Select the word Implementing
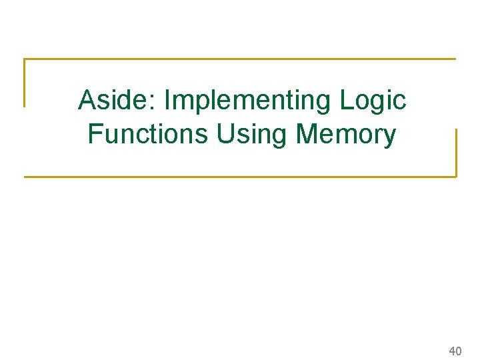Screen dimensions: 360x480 [248, 101]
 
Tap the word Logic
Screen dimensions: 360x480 [373, 101]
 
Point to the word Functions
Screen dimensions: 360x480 [148, 134]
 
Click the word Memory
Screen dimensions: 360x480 [346, 134]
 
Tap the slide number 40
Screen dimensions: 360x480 [456, 351]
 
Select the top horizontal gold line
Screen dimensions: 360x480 [240, 59]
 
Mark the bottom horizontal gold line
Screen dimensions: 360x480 [240, 177]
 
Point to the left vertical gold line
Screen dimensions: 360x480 [25, 83]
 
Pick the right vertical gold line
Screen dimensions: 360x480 [456, 153]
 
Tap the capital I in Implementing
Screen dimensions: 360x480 [167, 101]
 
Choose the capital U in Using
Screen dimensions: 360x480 [224, 134]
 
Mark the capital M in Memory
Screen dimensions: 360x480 [307, 134]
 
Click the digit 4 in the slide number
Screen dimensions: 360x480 [453, 351]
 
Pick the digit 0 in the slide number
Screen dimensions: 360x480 [459, 351]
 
